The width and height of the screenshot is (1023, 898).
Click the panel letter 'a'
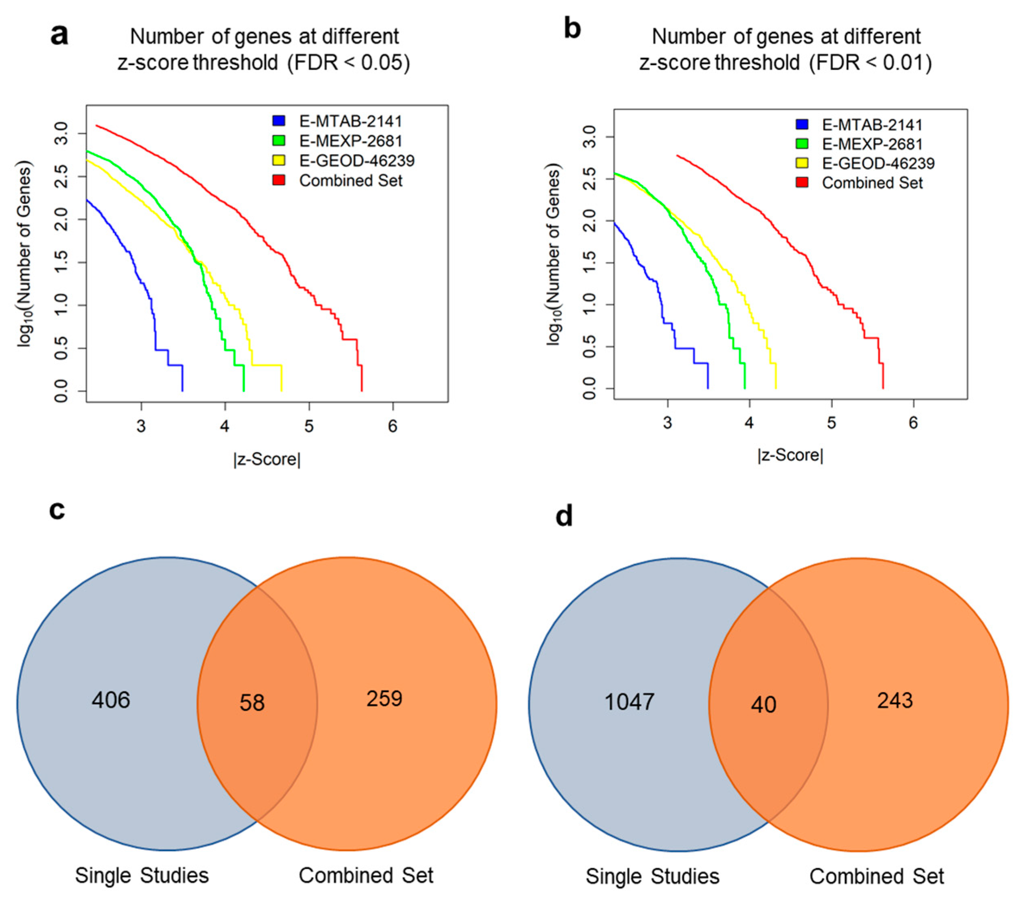click(x=59, y=36)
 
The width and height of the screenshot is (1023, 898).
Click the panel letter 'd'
click(x=564, y=516)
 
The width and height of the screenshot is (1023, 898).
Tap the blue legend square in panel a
click(x=279, y=121)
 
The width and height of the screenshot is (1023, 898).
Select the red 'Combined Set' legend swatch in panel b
click(x=802, y=182)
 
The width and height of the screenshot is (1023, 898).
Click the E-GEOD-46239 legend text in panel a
click(x=357, y=161)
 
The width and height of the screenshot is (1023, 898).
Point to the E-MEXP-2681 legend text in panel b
click(x=872, y=144)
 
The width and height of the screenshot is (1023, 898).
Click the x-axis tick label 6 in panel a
click(x=393, y=426)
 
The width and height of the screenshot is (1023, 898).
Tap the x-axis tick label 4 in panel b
click(x=749, y=423)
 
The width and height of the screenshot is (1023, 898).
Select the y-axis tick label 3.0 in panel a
click(x=62, y=133)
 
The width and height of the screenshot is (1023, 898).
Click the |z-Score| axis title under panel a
click(x=267, y=459)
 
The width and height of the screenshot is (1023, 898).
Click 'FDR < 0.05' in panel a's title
click(x=349, y=63)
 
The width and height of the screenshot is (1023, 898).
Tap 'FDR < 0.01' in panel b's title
click(x=871, y=63)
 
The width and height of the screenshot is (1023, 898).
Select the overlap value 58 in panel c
click(x=252, y=703)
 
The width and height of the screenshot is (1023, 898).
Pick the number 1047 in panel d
click(x=629, y=702)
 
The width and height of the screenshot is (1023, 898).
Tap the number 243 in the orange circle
click(x=895, y=700)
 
